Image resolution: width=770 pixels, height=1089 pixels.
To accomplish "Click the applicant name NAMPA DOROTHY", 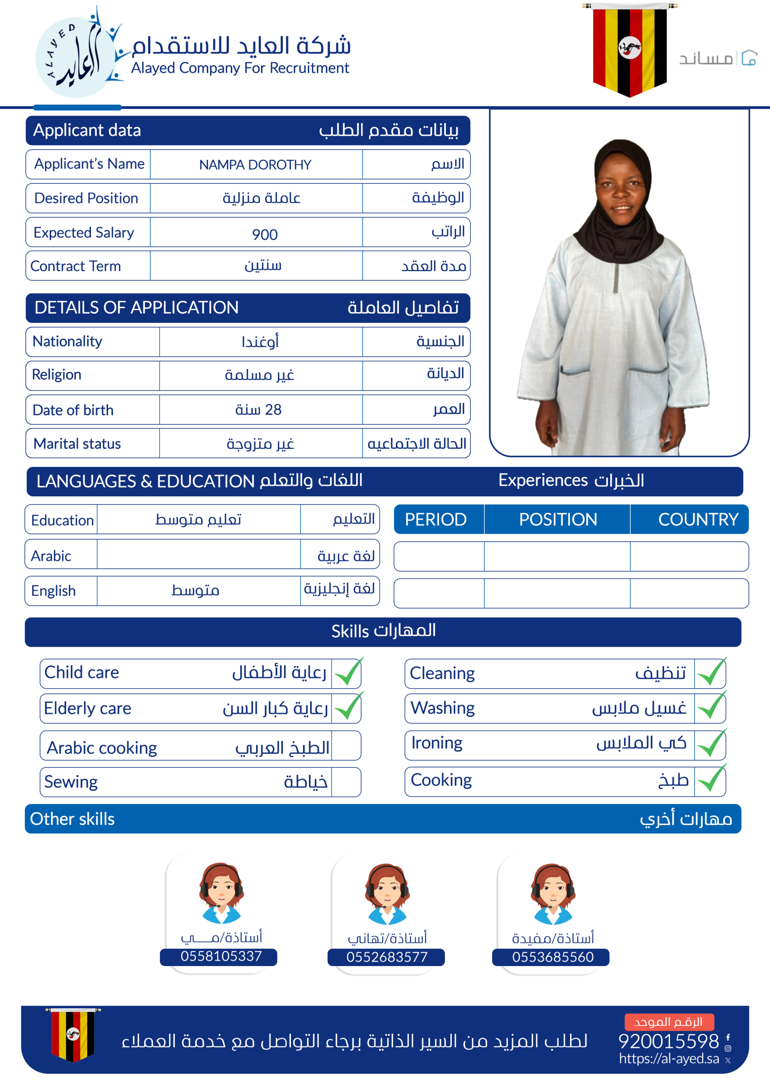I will coord(255,165).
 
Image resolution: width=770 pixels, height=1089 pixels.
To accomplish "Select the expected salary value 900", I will coord(265,234).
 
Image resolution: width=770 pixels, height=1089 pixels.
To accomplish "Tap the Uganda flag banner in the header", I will coord(629,49).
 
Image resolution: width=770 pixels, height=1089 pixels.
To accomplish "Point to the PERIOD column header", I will coord(436,519).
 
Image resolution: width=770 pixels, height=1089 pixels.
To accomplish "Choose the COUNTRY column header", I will coord(697,519).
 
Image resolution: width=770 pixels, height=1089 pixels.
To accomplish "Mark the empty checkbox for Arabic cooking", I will coord(346,746).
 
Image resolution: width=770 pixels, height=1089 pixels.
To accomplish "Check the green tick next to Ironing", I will coord(711,744).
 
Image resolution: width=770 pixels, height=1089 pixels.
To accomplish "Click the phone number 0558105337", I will coord(221,956).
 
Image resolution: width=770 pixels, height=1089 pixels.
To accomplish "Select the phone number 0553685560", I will coord(553,957).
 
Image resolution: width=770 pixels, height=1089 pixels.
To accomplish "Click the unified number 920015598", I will coord(668,1041).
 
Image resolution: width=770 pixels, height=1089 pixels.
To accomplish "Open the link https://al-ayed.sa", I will coord(668,1059).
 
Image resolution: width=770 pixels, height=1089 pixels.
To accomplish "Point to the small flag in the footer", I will coord(73,1035).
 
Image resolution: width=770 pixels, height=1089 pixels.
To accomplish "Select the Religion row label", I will coord(57,375).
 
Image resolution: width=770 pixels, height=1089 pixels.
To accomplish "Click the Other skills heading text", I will coord(72,819).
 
